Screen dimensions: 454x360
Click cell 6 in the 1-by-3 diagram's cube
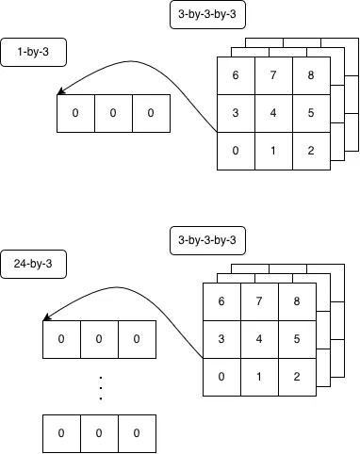[x=236, y=76]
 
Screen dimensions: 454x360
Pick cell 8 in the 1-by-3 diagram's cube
[x=311, y=76]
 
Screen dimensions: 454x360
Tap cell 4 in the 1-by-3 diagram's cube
[x=273, y=114]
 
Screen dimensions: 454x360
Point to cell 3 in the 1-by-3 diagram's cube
[x=236, y=114]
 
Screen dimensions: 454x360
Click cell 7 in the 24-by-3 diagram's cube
[x=259, y=301]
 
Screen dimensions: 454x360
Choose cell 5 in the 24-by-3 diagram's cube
[x=297, y=339]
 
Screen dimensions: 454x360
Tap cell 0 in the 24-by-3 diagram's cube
[x=221, y=377]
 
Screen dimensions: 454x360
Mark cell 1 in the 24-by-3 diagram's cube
[x=259, y=377]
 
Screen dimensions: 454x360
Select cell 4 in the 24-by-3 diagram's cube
[x=259, y=339]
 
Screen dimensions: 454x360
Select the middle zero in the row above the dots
[x=99, y=339]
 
